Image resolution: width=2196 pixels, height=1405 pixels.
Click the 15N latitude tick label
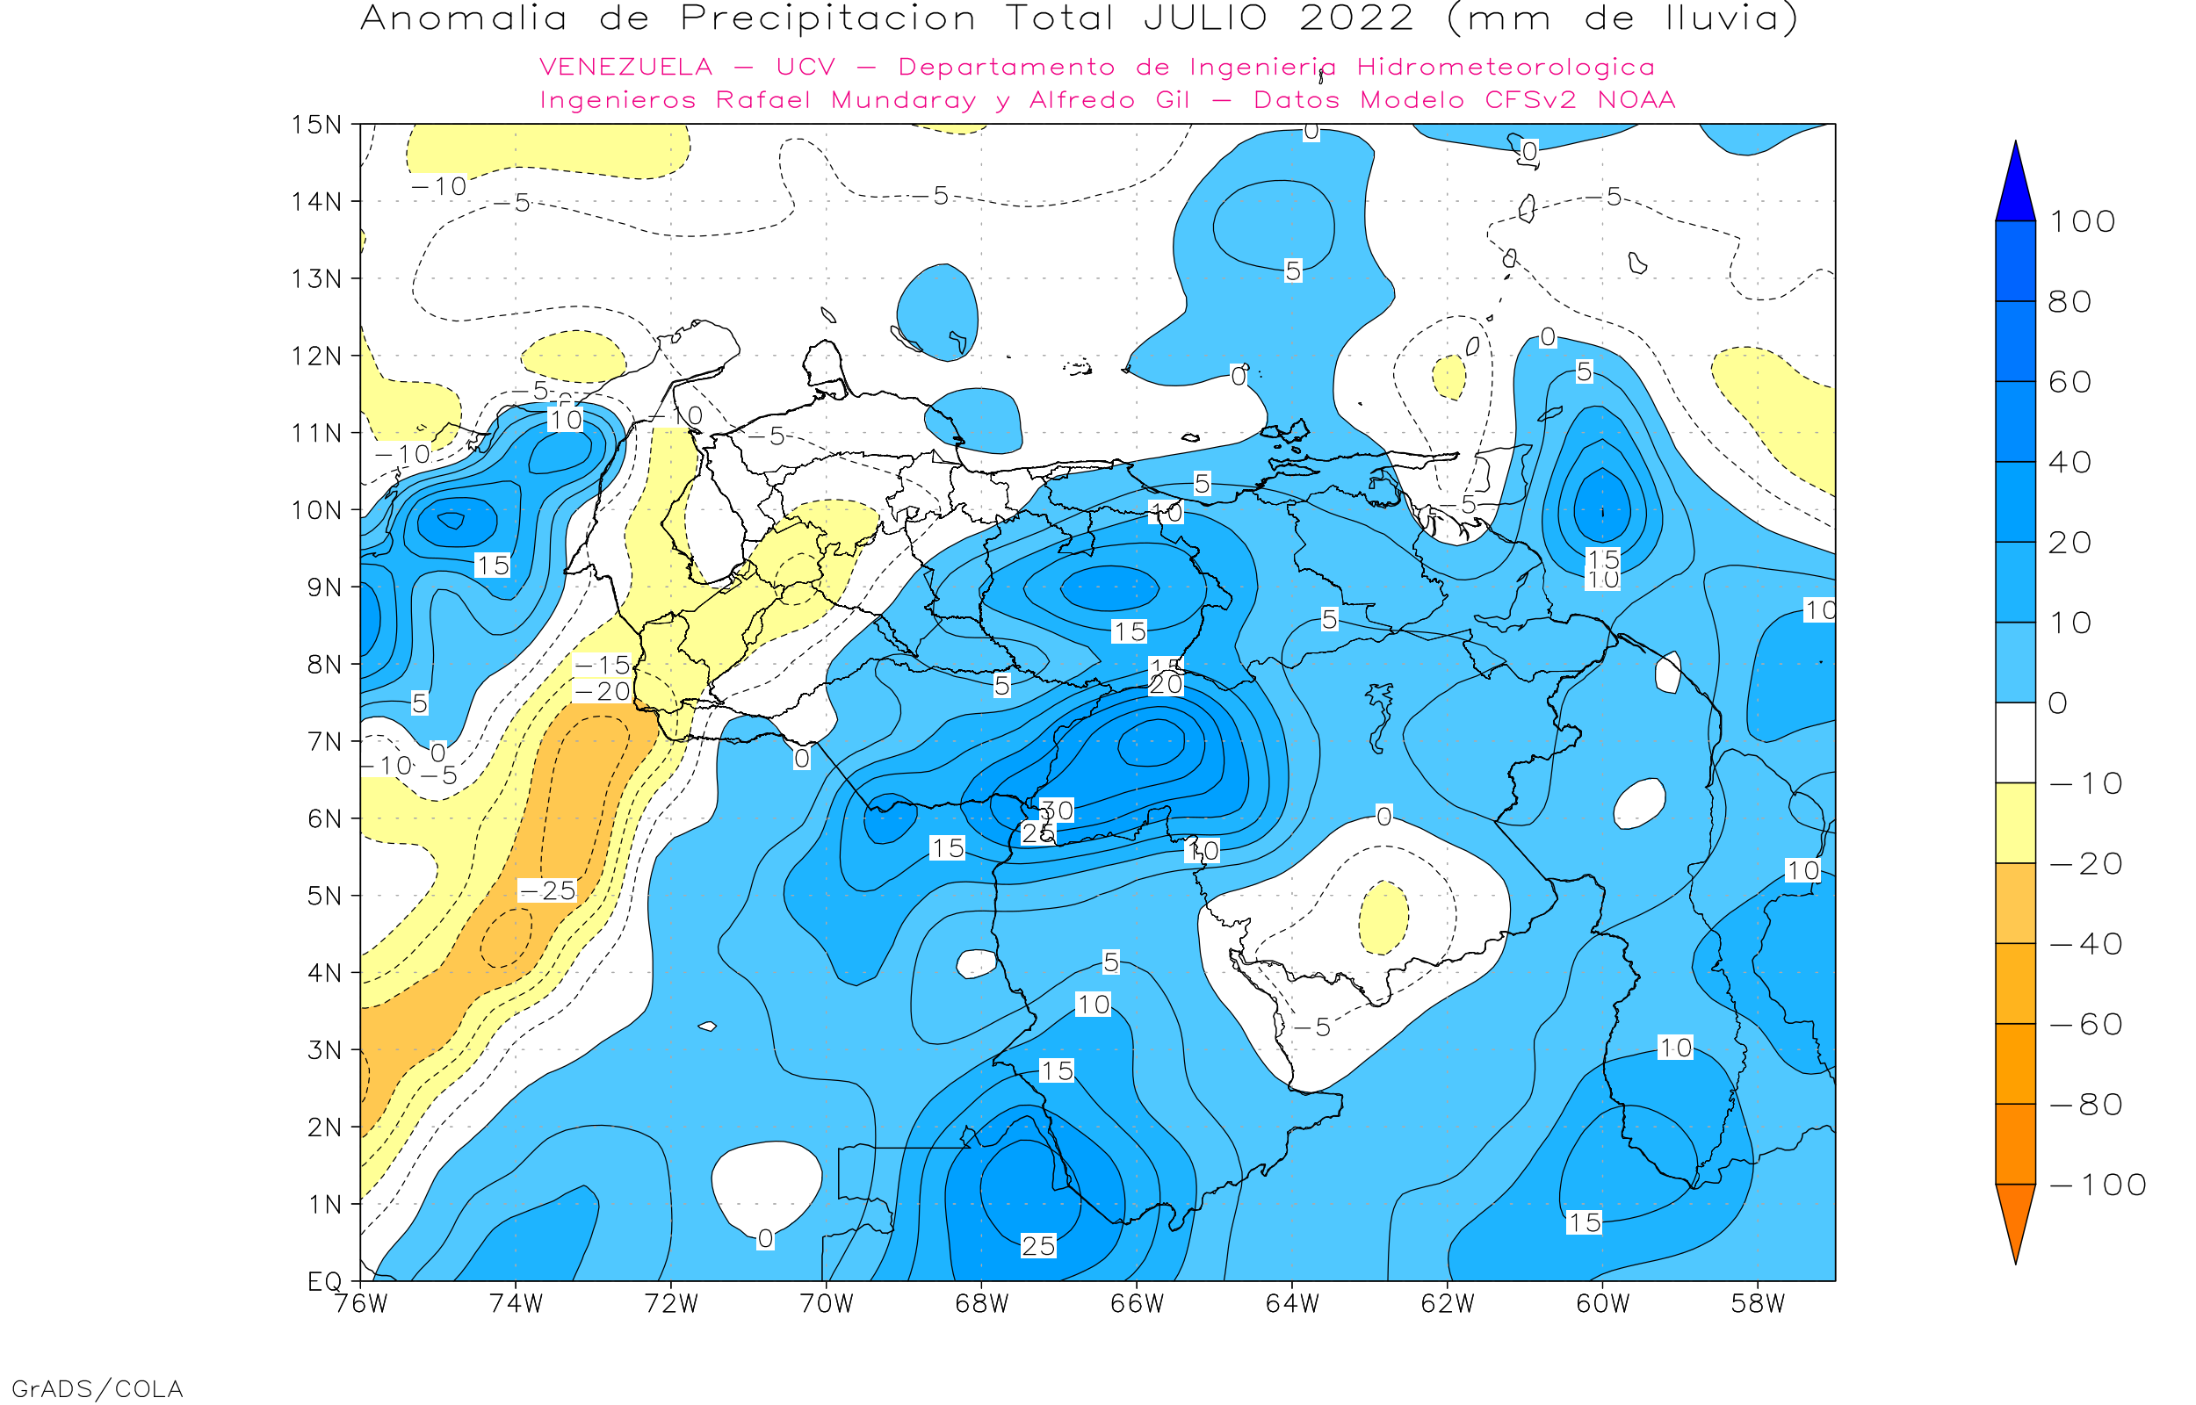[315, 124]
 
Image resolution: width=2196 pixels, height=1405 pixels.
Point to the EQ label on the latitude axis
[324, 1282]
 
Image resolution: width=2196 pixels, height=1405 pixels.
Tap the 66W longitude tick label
[1137, 1305]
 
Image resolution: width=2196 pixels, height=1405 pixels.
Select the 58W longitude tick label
[1758, 1305]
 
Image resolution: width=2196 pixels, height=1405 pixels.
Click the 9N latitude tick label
[324, 587]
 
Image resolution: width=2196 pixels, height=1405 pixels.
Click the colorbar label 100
[2082, 221]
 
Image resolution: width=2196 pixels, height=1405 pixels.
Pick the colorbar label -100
[2098, 1185]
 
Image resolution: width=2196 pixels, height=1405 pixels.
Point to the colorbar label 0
[2058, 703]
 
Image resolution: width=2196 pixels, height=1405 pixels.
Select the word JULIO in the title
[1205, 18]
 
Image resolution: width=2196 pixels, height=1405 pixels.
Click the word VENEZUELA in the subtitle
[626, 68]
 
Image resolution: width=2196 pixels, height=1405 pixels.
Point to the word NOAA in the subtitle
[1636, 100]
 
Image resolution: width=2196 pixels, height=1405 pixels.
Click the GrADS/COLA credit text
[97, 1388]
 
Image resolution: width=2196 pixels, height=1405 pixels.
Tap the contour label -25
[547, 890]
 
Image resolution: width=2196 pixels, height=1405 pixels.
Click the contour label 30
[1057, 811]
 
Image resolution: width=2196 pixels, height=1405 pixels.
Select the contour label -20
[603, 692]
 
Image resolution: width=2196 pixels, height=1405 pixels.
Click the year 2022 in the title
[1356, 18]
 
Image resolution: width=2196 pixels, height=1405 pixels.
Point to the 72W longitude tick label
[671, 1305]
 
